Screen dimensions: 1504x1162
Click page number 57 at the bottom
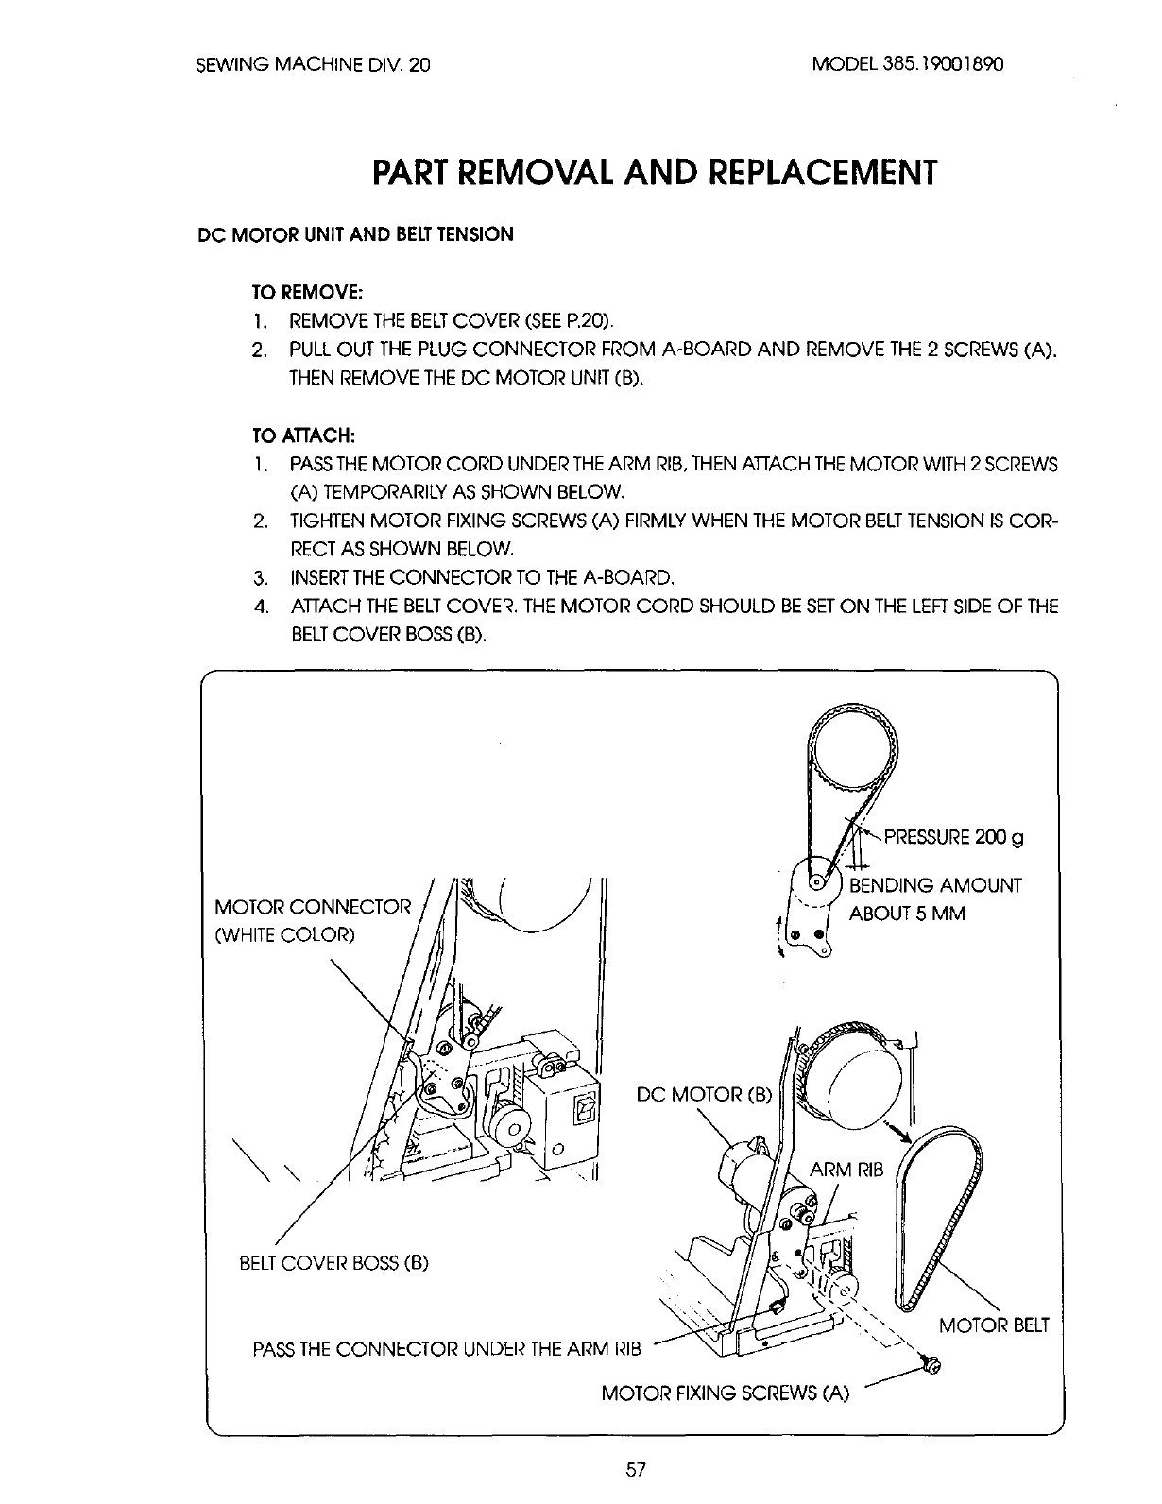[634, 1468]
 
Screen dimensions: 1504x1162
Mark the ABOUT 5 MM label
[907, 914]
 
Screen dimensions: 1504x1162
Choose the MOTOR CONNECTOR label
[314, 908]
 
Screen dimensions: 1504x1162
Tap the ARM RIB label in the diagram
[846, 1171]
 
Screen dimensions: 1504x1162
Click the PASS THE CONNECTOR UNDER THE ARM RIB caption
[447, 1348]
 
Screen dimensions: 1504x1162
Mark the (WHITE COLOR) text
[285, 935]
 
